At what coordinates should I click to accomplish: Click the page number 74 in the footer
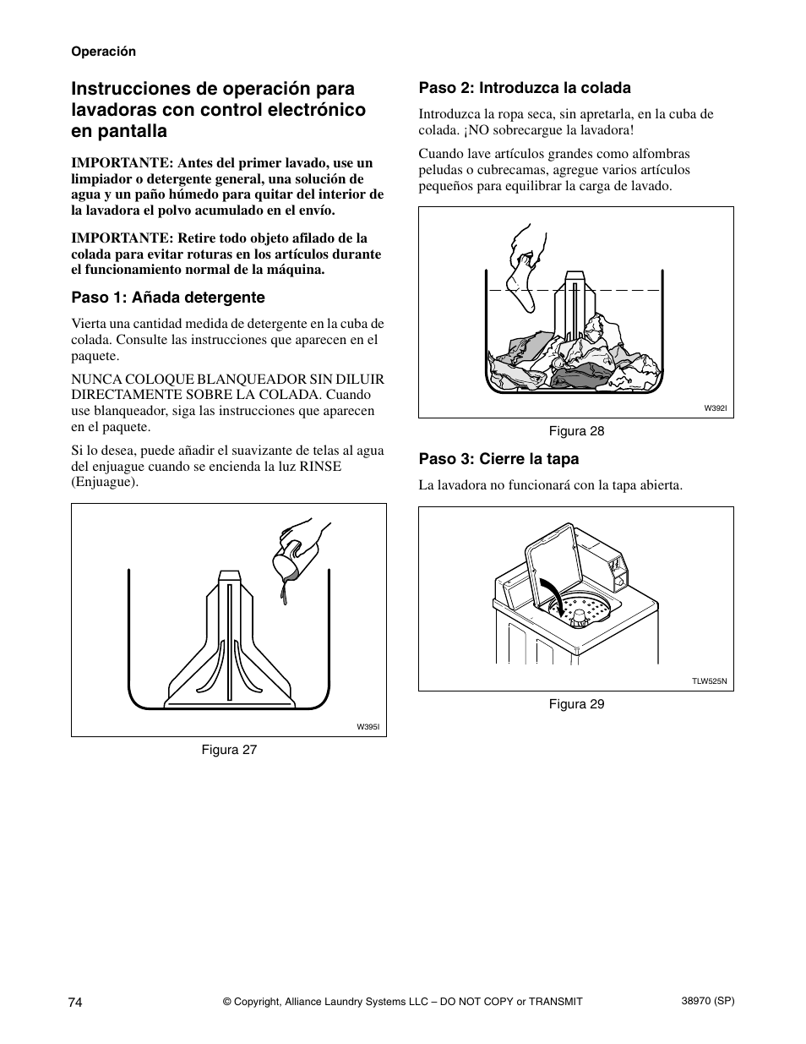(x=75, y=1002)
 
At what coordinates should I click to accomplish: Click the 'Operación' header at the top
(x=103, y=52)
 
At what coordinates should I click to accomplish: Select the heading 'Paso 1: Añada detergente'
(x=168, y=298)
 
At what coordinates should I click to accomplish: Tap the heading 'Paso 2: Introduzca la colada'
(x=525, y=88)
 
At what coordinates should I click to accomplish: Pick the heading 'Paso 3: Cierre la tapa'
(x=498, y=459)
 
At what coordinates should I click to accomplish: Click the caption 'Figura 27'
(x=228, y=750)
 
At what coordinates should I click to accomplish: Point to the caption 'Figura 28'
(x=576, y=431)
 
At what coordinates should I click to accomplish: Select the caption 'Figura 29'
(x=576, y=704)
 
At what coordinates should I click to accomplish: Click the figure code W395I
(x=368, y=727)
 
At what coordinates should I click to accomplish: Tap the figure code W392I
(x=716, y=408)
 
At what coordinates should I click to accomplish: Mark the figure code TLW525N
(x=709, y=681)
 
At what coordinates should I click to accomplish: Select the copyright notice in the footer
(x=402, y=1002)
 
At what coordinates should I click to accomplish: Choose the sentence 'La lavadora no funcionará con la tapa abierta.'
(x=550, y=485)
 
